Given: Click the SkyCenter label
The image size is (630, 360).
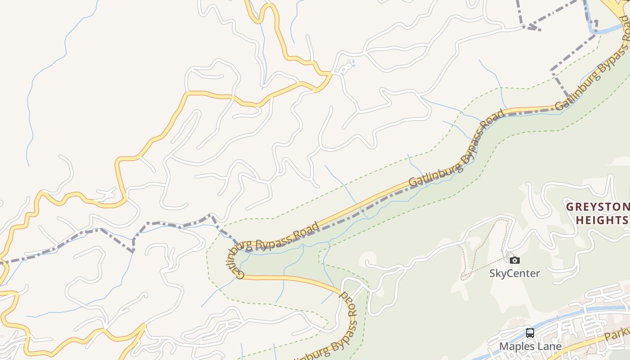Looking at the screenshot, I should point(514,273).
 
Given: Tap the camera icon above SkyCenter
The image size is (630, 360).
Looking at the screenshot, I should point(515,260).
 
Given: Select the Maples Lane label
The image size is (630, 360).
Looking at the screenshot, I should point(530,346).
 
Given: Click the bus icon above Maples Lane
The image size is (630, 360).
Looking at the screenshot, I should point(530,333).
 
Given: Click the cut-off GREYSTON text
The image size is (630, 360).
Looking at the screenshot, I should point(598,207).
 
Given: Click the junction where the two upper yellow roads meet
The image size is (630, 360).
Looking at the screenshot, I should point(331,73).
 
